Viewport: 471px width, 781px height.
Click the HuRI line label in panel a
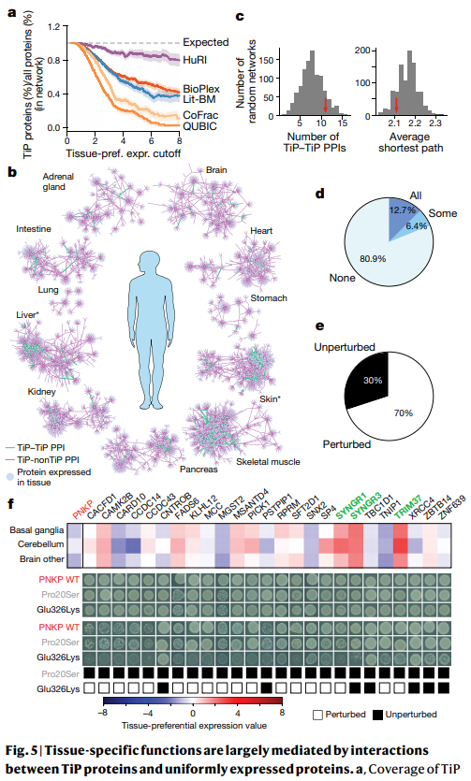(195, 60)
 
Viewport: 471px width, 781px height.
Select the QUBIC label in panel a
(199, 126)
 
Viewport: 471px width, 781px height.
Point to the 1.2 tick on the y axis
(53, 26)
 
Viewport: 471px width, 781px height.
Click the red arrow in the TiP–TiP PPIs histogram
(326, 105)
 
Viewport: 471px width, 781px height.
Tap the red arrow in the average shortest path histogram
(396, 105)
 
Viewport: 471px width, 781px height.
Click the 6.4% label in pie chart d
(416, 226)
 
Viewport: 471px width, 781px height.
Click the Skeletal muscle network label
(268, 462)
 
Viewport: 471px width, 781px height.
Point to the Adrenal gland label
(58, 181)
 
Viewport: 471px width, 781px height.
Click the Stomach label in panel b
(269, 297)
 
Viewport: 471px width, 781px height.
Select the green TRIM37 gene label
(407, 507)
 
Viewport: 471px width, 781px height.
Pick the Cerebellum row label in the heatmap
(41, 544)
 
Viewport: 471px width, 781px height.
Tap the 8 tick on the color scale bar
(282, 713)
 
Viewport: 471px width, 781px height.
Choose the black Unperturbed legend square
(377, 715)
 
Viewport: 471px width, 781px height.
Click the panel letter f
(11, 504)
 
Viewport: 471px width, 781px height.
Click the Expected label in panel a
(206, 42)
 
